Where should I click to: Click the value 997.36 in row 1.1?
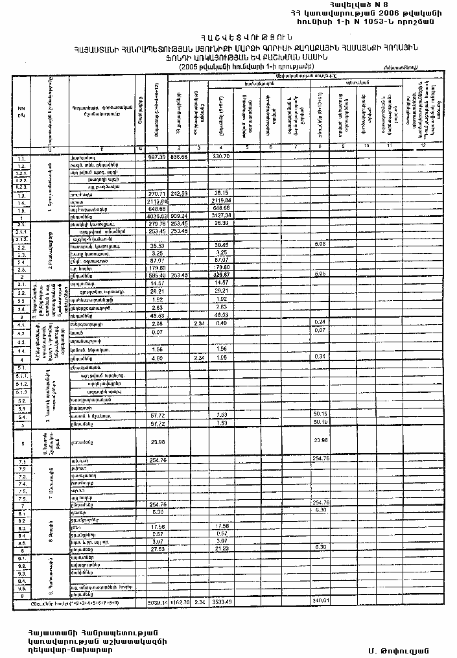pyautogui.click(x=156, y=157)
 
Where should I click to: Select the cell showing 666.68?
pyautogui.click(x=179, y=157)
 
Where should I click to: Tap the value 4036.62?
pyautogui.click(x=156, y=216)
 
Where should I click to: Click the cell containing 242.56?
pyautogui.click(x=179, y=194)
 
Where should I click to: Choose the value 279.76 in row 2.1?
pyautogui.click(x=156, y=224)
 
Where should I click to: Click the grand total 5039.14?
pyautogui.click(x=156, y=602)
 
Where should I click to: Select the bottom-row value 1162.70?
pyautogui.click(x=179, y=602)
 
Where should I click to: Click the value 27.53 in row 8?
pyautogui.click(x=156, y=548)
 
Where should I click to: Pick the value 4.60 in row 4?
pyautogui.click(x=156, y=357)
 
